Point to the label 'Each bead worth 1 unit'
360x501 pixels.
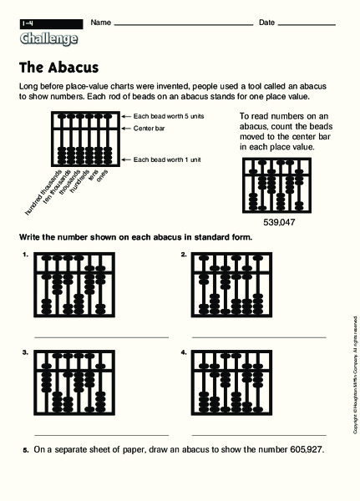(170, 159)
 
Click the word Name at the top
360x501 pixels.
(100, 22)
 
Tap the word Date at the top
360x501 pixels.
(267, 22)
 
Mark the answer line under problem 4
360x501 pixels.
(259, 435)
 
